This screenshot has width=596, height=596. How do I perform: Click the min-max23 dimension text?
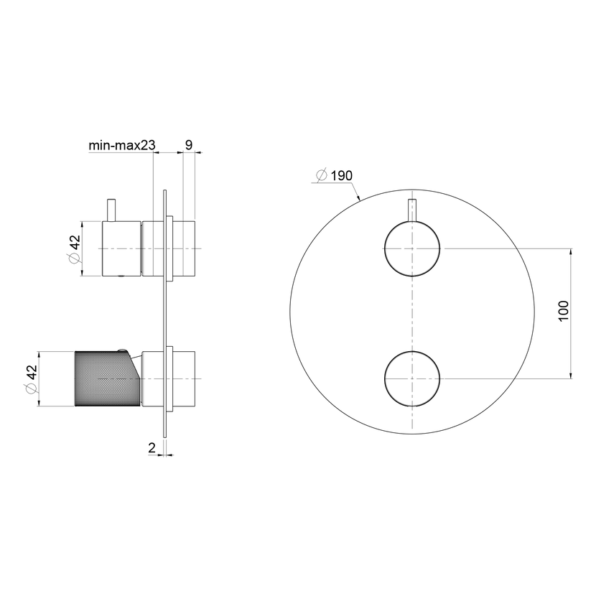click(x=122, y=145)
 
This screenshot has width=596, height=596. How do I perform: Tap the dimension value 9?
click(x=189, y=145)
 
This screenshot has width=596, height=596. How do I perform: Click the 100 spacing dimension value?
click(x=563, y=311)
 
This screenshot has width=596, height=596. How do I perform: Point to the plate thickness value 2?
click(x=152, y=448)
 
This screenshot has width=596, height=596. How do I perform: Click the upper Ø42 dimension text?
click(x=75, y=249)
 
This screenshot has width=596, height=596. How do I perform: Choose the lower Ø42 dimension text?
click(x=31, y=379)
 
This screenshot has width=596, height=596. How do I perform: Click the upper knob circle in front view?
click(x=412, y=222)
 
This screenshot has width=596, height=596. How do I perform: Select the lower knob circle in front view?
click(x=412, y=351)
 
